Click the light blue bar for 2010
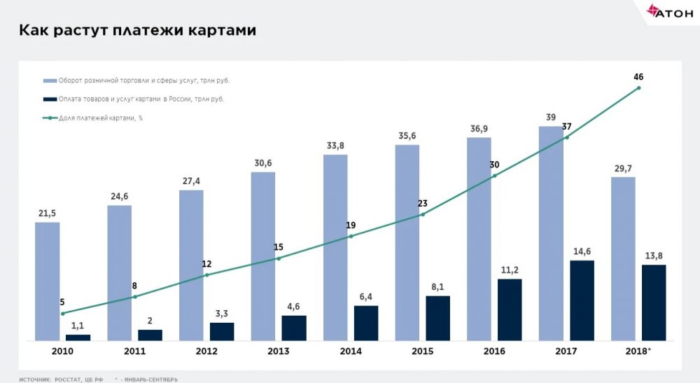(x=47, y=281)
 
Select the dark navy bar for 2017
(x=582, y=300)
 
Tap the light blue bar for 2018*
(x=623, y=258)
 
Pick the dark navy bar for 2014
(x=366, y=323)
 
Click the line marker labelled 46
(x=638, y=88)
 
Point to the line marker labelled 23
(x=423, y=214)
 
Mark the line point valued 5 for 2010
(x=63, y=313)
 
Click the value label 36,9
(x=479, y=128)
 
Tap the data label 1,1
(x=78, y=326)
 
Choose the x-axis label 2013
(x=279, y=351)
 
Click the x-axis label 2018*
(x=636, y=351)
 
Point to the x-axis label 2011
(x=134, y=351)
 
